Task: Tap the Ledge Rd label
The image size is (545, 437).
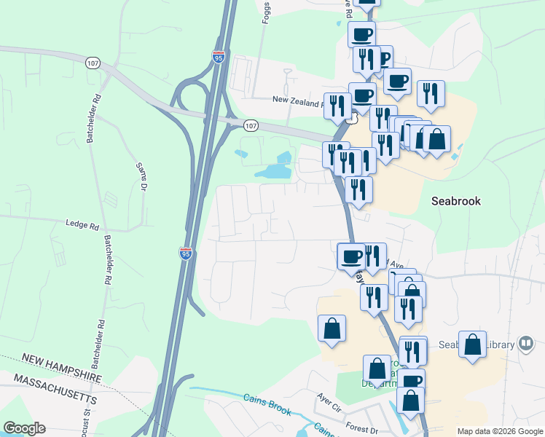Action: (x=82, y=225)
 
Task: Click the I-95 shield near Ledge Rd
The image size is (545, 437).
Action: (x=186, y=253)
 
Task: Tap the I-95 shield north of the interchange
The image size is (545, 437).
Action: (x=219, y=56)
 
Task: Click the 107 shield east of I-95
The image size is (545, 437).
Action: (x=251, y=125)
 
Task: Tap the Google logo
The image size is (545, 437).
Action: (x=24, y=428)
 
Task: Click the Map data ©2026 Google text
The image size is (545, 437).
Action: (x=499, y=430)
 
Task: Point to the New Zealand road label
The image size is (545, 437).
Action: (x=297, y=100)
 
